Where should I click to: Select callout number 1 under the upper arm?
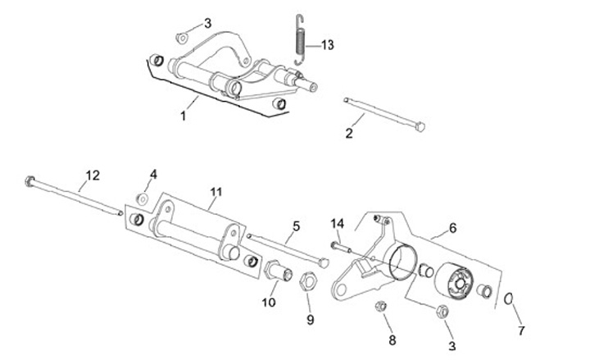[x=184, y=116]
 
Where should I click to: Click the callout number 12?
[x=92, y=175]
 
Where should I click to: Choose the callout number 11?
[x=216, y=193]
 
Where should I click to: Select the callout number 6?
[x=452, y=226]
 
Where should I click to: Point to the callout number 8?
[x=392, y=339]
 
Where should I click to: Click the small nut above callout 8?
[x=380, y=308]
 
